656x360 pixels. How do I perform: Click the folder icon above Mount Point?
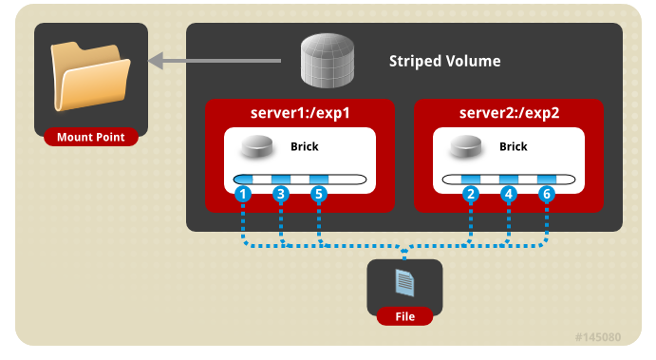[x=90, y=76]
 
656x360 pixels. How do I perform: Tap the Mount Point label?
[x=91, y=137]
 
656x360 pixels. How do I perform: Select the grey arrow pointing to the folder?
[x=215, y=61]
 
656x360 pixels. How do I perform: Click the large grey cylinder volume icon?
[x=328, y=61]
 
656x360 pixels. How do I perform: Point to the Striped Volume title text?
[x=444, y=61]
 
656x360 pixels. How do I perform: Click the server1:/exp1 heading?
[x=300, y=113]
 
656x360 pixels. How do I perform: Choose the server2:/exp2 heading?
[x=509, y=113]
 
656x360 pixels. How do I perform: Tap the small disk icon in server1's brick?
[x=257, y=146]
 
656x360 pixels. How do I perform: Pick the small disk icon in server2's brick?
[x=465, y=146]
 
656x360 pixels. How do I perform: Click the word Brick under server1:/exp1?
[x=305, y=146]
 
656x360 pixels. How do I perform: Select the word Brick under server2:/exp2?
[x=514, y=146]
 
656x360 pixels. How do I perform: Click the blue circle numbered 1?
[x=243, y=194]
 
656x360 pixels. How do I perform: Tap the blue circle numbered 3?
[x=281, y=194]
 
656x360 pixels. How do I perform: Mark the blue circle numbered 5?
[x=319, y=194]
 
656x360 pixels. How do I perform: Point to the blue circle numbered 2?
[x=471, y=194]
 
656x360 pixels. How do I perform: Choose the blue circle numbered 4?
[x=509, y=194]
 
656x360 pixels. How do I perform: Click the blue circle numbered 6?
[x=547, y=194]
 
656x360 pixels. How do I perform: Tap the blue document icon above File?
[x=404, y=283]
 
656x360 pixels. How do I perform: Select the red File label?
[x=405, y=316]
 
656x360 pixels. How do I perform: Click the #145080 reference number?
[x=598, y=337]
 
